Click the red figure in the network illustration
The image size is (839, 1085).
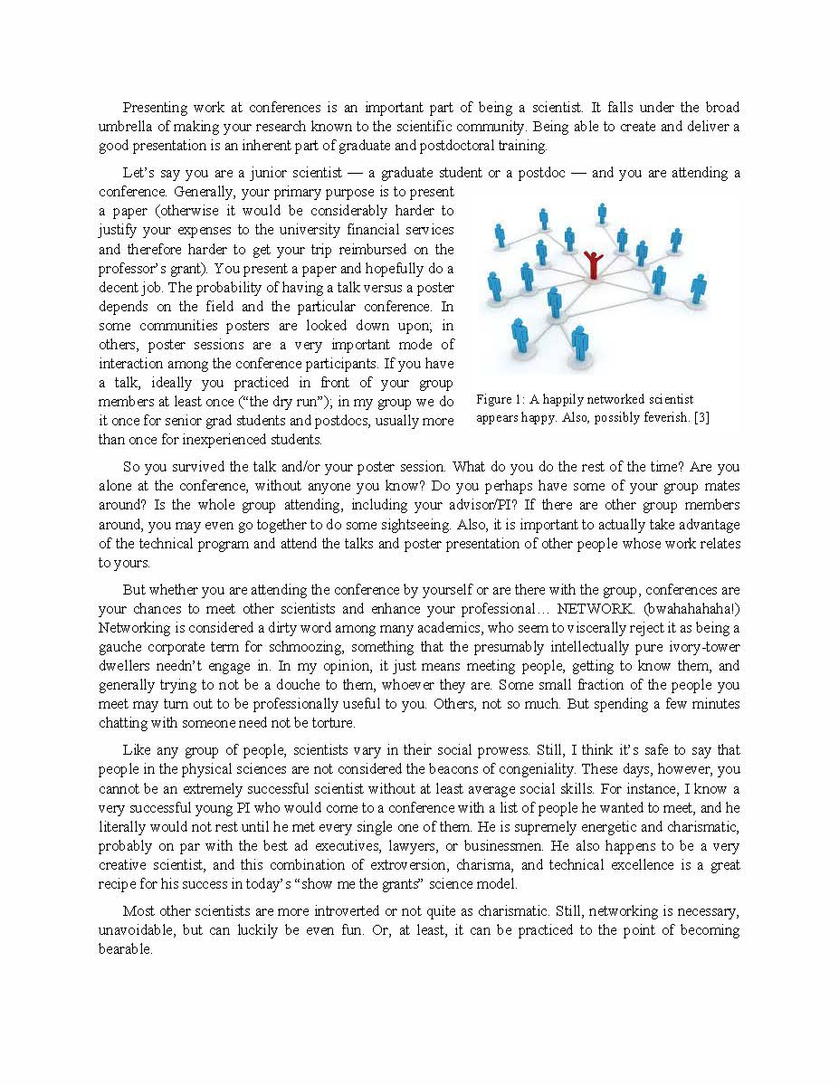[x=593, y=264]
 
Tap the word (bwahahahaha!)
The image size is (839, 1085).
[x=691, y=609]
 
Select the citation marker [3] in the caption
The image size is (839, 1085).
[x=701, y=417]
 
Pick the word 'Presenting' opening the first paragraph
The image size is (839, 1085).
[x=155, y=108]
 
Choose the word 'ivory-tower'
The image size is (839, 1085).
[x=704, y=647]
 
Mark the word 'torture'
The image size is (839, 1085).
[x=330, y=723]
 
